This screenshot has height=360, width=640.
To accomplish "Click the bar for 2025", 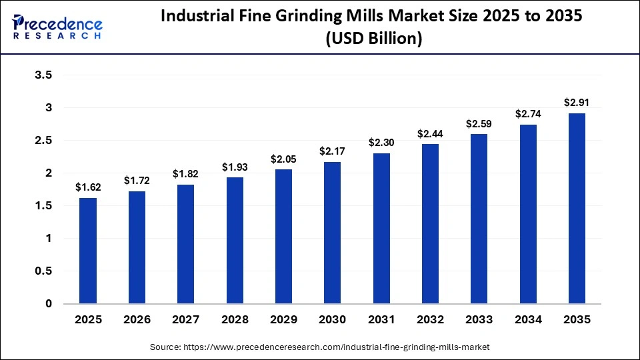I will click(88, 251).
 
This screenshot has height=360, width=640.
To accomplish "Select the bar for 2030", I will click(333, 233).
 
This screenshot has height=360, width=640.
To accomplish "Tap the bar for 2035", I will click(577, 209).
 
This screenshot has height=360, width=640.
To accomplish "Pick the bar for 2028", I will click(235, 241).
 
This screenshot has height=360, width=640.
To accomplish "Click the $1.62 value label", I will click(88, 187).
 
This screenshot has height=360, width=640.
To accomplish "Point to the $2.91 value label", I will click(577, 103).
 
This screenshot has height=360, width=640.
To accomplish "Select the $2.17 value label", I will click(333, 151).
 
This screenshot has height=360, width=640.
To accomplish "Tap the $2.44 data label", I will click(430, 133).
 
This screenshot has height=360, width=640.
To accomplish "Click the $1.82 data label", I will click(186, 174).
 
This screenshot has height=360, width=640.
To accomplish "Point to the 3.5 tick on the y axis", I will click(43, 75).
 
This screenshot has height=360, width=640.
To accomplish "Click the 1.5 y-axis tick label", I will click(43, 206).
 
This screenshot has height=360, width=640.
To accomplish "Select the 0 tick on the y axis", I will click(48, 304).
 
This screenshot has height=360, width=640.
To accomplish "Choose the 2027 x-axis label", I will click(186, 320).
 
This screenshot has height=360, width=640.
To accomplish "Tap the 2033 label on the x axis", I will click(479, 320).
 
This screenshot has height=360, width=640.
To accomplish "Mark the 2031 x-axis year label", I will click(381, 320).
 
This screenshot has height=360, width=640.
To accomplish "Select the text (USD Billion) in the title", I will click(373, 39).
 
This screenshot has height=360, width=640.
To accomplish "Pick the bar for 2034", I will click(528, 214).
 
